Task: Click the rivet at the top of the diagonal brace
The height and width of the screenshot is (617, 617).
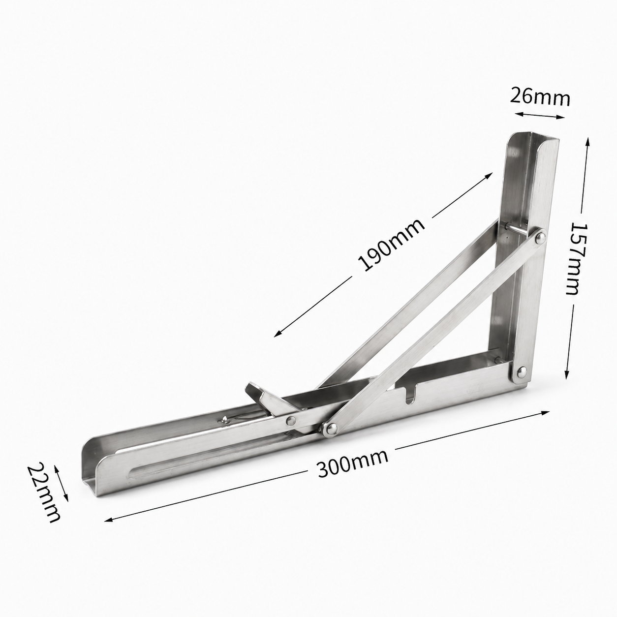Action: [x=541, y=237]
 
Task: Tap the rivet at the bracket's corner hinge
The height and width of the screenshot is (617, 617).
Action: [x=522, y=371]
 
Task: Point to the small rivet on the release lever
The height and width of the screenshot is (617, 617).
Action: [x=291, y=421]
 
